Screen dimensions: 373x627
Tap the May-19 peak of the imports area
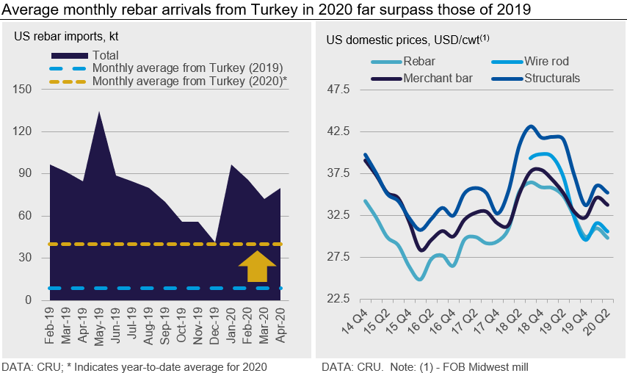(98, 113)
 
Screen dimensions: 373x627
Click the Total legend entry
(105, 55)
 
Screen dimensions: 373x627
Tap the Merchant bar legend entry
(438, 77)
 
